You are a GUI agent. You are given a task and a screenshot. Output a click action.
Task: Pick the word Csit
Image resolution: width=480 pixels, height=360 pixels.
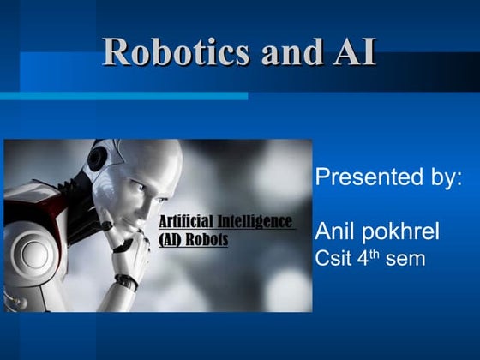coord(333,257)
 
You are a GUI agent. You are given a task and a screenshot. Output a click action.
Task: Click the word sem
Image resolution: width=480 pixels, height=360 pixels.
coord(405,258)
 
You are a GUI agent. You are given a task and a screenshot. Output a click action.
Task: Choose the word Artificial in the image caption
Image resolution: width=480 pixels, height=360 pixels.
coord(187,223)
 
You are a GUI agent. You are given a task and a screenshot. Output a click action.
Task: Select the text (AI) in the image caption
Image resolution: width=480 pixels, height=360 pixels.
coord(172,240)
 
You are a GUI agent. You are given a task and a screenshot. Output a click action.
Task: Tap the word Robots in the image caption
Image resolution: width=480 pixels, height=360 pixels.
coord(210,240)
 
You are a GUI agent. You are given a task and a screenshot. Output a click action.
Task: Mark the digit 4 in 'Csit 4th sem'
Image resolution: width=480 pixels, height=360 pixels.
coord(362,257)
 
